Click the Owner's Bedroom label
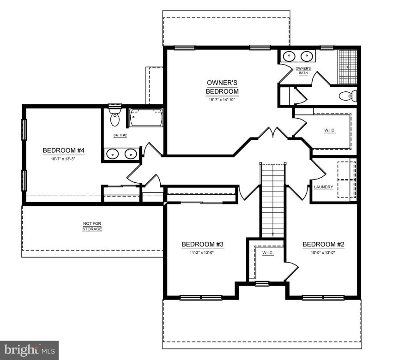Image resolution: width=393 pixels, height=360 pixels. [x=222, y=87]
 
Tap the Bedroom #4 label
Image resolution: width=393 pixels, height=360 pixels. [x=63, y=150]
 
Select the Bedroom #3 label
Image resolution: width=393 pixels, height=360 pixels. [x=202, y=244]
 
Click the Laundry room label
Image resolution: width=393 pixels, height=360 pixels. [x=323, y=187]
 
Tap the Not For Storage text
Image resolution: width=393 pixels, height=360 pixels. [x=92, y=226]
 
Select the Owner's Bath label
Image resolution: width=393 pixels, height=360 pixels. [x=303, y=71]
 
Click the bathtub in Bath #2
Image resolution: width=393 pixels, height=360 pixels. [x=146, y=118]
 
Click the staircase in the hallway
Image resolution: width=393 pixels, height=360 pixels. [x=272, y=198]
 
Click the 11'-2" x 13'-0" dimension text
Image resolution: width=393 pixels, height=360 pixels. [x=202, y=252]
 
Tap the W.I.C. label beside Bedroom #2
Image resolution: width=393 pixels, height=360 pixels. [x=267, y=253]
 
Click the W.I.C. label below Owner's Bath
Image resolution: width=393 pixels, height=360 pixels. [x=329, y=131]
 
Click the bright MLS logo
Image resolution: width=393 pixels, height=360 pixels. [x=29, y=350]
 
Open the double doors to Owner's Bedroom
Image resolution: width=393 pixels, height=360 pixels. [x=273, y=134]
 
